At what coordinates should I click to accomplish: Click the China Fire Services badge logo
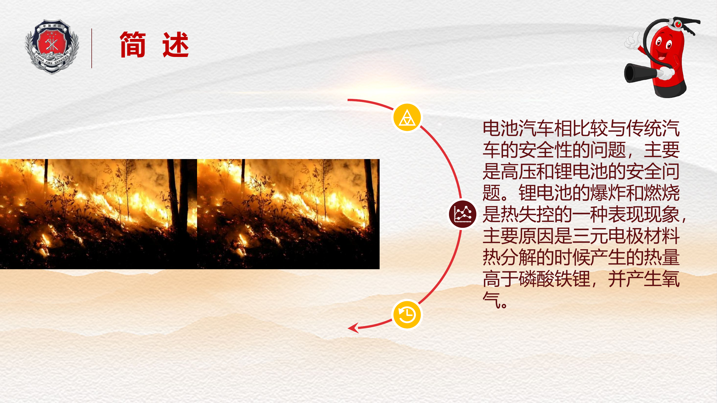point(52,46)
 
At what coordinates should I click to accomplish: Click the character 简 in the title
point(133,45)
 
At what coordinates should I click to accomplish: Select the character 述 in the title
point(176,45)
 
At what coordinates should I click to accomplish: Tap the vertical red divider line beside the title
point(92,48)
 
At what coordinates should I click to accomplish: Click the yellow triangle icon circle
point(407,117)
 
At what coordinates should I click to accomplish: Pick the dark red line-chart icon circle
point(463,214)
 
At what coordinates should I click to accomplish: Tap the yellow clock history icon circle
point(407,314)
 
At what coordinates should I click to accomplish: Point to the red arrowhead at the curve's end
point(354,328)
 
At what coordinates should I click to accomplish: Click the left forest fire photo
point(99,214)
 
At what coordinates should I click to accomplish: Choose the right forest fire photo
point(288,214)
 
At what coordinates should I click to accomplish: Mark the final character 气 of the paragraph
point(491,300)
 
